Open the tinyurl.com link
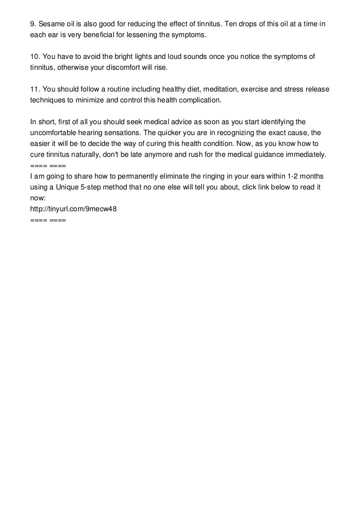[73, 208]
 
